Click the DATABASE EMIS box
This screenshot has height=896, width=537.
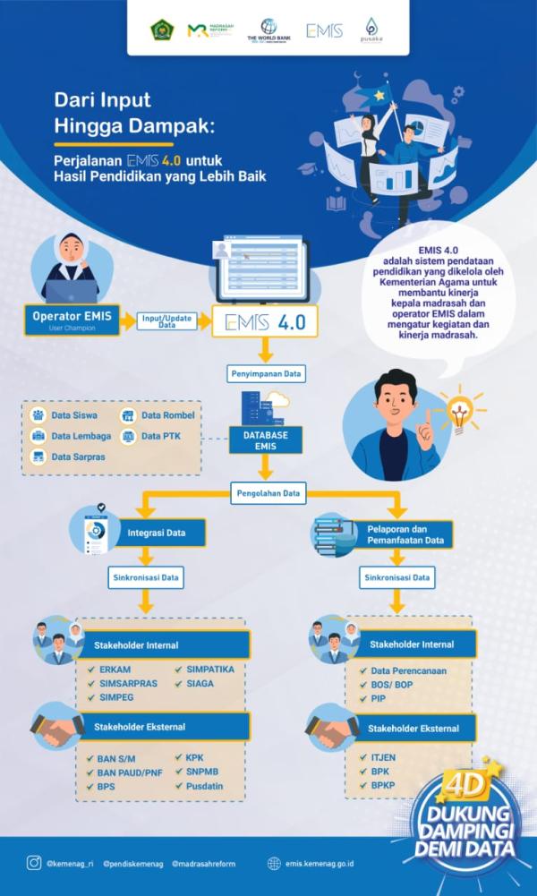tap(264, 438)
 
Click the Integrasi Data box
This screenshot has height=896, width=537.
tap(162, 533)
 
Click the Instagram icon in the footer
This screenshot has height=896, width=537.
tap(34, 863)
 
